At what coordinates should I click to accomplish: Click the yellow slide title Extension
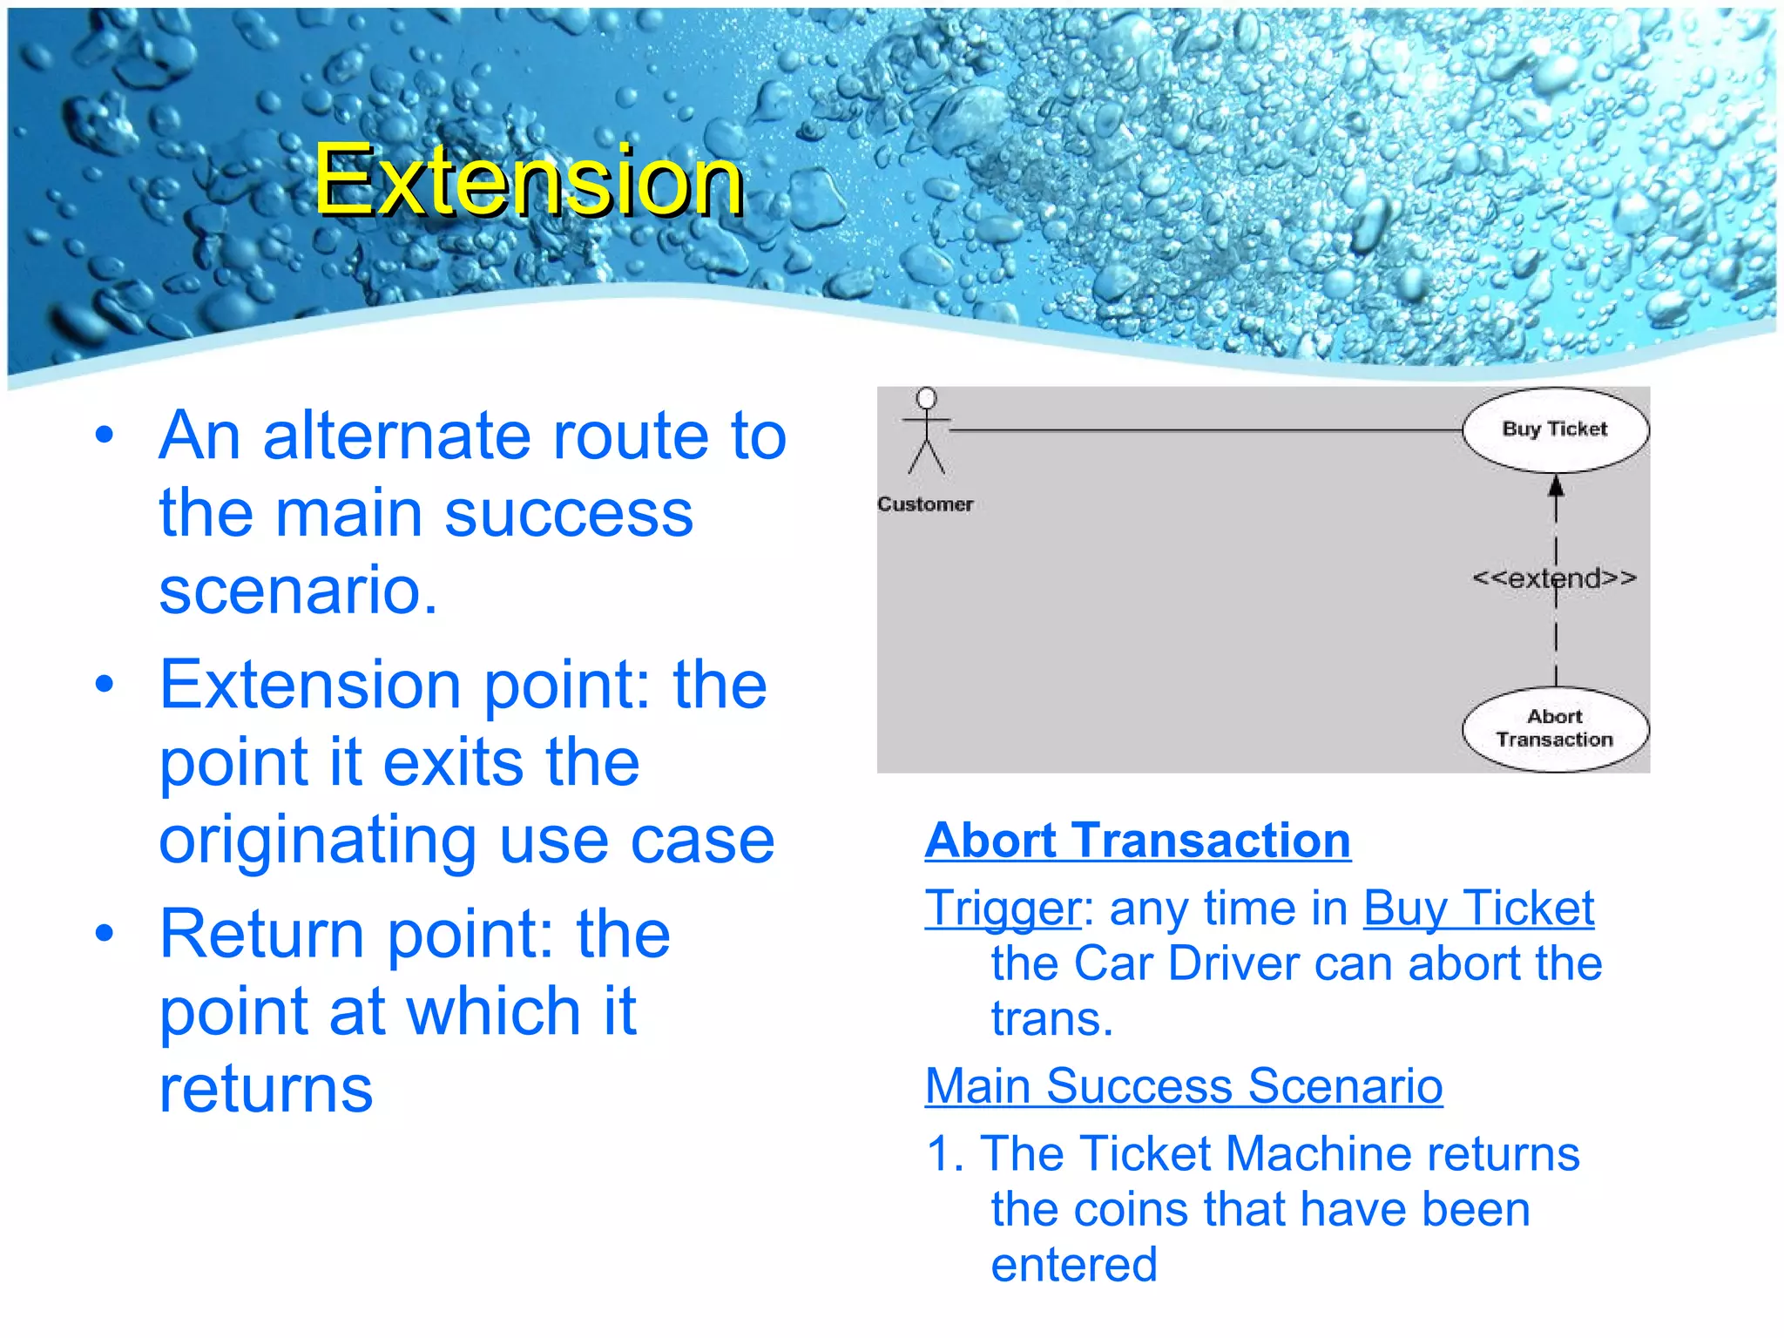pyautogui.click(x=529, y=180)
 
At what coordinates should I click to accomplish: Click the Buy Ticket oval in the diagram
pyautogui.click(x=1554, y=429)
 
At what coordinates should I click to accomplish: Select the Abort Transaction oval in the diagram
pyautogui.click(x=1554, y=728)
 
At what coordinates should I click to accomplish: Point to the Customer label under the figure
pyautogui.click(x=925, y=504)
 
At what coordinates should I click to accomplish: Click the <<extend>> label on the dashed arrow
pyautogui.click(x=1554, y=578)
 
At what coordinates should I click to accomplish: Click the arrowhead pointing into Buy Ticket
pyautogui.click(x=1556, y=485)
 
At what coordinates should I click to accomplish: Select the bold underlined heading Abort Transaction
pyautogui.click(x=1138, y=841)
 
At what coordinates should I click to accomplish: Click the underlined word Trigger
pyautogui.click(x=1002, y=909)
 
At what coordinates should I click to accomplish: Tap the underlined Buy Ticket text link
pyautogui.click(x=1478, y=909)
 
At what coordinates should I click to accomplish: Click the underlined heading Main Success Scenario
pyautogui.click(x=1183, y=1086)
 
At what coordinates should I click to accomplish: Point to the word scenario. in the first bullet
pyautogui.click(x=298, y=590)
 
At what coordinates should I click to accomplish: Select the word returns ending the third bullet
pyautogui.click(x=266, y=1089)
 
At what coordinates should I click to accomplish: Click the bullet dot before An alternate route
pyautogui.click(x=105, y=435)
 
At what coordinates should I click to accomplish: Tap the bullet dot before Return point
pyautogui.click(x=105, y=933)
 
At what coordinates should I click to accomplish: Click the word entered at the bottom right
pyautogui.click(x=1074, y=1265)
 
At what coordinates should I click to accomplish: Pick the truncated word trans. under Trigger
pyautogui.click(x=1051, y=1018)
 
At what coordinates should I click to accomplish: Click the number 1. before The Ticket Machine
pyautogui.click(x=945, y=1154)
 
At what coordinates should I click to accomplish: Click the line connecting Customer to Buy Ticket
pyautogui.click(x=1202, y=430)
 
